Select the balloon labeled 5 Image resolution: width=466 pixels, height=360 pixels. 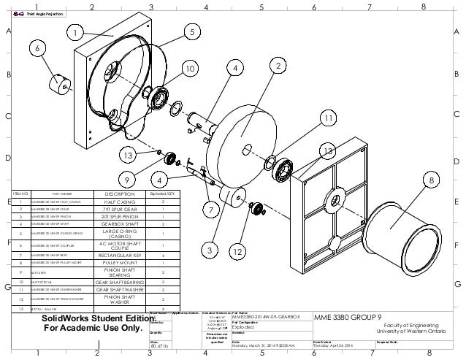coord(191,32)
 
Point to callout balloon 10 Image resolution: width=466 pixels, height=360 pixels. coord(189,69)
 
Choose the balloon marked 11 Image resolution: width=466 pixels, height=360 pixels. coord(329,118)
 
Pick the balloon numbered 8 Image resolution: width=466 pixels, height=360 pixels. coord(432,180)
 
